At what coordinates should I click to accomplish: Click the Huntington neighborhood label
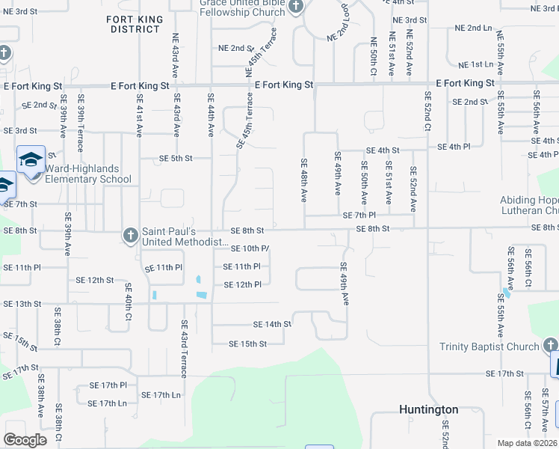(428, 409)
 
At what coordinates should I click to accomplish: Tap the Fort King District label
(135, 23)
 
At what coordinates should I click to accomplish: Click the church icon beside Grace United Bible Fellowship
(296, 7)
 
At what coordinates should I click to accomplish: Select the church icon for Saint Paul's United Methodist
(130, 236)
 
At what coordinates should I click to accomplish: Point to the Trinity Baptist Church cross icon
(550, 346)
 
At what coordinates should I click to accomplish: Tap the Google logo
(25, 440)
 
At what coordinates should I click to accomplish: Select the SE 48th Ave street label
(304, 180)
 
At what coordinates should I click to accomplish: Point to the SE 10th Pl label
(250, 248)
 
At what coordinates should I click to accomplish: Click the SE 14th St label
(271, 324)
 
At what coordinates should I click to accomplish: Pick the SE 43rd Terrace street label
(183, 349)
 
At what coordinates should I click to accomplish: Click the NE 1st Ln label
(475, 65)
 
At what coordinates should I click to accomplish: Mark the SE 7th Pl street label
(359, 216)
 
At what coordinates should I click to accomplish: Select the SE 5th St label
(176, 159)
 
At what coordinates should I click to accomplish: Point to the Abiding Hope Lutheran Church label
(529, 206)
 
